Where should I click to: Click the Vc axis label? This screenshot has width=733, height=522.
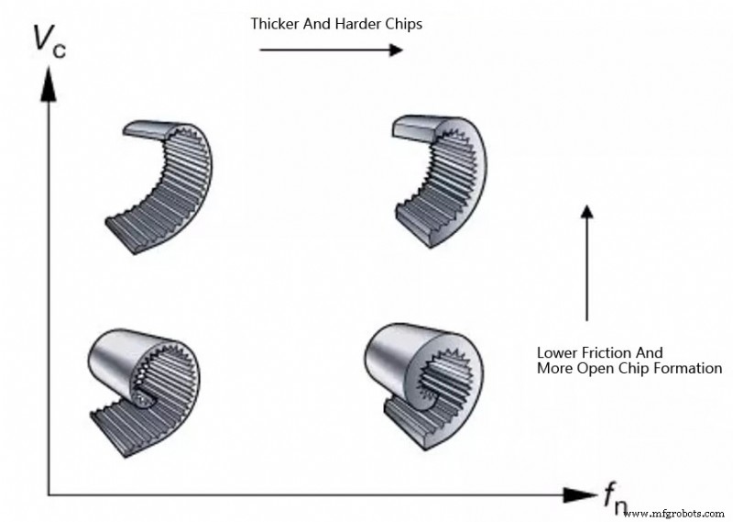47,41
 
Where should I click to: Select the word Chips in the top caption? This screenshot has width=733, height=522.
404,24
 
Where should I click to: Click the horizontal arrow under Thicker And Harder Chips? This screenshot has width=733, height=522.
331,49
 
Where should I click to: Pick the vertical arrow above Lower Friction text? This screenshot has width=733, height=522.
587,261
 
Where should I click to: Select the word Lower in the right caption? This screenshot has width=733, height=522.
556,351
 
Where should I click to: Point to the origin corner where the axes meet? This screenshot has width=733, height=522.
49,495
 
